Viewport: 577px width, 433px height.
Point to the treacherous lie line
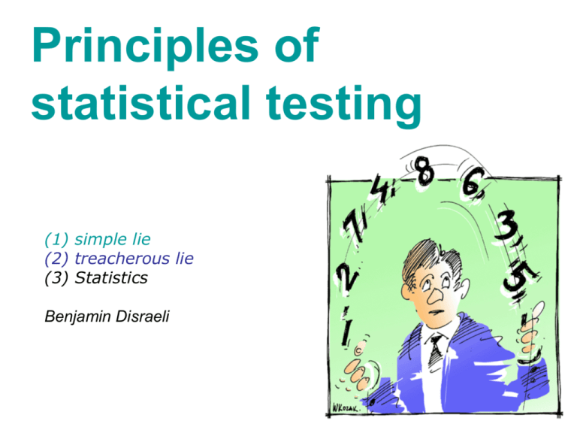pos(119,259)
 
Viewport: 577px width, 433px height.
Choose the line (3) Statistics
pos(96,277)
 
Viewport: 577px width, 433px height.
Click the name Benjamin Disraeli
pos(107,316)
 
